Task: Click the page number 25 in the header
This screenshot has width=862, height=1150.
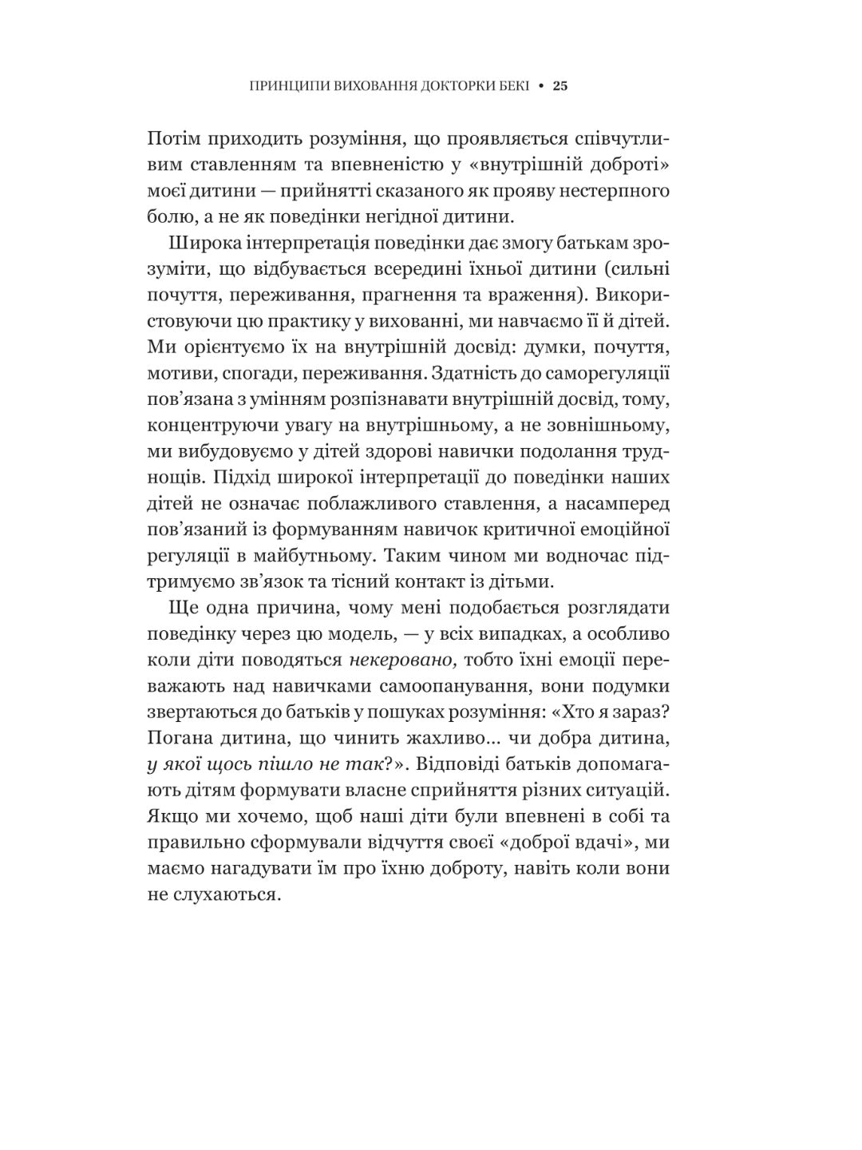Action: pos(560,86)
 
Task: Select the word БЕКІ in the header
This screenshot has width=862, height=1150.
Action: pos(510,86)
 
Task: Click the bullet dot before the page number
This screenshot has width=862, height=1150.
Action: pos(541,86)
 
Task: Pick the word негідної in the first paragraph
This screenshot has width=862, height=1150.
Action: pos(416,216)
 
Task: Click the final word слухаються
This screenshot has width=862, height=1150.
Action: pos(226,895)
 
